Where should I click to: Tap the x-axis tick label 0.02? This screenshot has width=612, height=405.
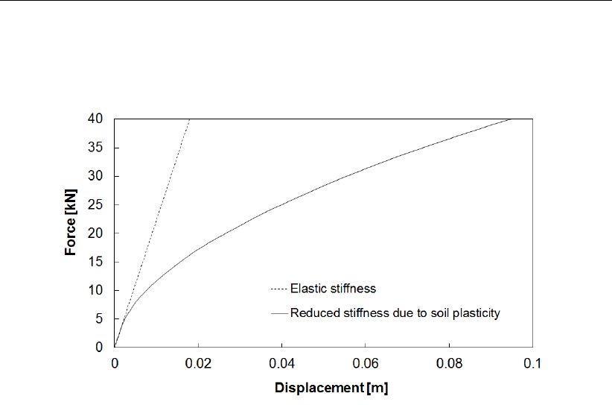198,363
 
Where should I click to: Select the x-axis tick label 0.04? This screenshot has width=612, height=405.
281,363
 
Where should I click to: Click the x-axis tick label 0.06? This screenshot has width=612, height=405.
366,363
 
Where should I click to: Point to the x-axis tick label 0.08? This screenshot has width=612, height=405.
449,363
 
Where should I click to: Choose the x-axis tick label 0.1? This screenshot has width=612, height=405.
532,363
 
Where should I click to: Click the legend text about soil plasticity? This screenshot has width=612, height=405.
395,313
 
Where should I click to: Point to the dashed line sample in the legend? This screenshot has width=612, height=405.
278,288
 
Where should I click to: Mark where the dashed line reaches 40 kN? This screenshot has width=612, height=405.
190,119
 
